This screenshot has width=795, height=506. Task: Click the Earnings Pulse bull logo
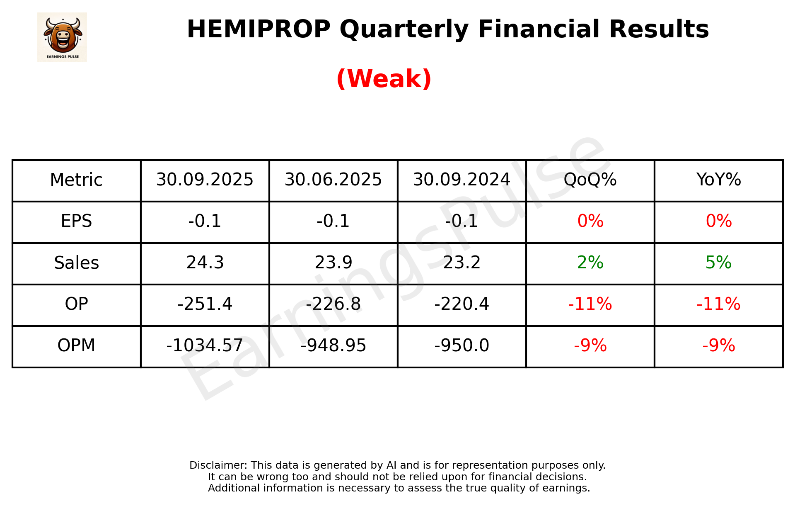tap(62, 37)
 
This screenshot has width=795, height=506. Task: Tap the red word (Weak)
tap(384, 79)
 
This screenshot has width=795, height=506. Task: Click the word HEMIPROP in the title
tap(259, 29)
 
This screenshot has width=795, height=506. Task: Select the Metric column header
tap(76, 180)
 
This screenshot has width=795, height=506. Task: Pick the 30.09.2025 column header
tap(205, 180)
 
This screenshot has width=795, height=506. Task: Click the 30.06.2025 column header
tap(333, 180)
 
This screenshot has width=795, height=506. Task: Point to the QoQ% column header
tap(590, 180)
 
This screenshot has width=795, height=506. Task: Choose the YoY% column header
tap(718, 180)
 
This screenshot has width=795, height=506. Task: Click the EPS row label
tap(76, 221)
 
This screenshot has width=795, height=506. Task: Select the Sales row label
tap(76, 263)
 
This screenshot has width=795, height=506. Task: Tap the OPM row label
tap(76, 345)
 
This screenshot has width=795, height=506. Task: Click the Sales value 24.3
tap(205, 263)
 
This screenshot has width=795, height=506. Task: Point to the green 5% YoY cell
tap(718, 263)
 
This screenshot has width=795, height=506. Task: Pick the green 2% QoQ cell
tap(590, 263)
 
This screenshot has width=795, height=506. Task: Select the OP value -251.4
tap(205, 304)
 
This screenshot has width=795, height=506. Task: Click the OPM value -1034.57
tap(205, 345)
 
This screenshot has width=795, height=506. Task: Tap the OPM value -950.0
tap(462, 345)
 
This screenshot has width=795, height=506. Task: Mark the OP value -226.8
tap(333, 304)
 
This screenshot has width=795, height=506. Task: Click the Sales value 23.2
tap(462, 263)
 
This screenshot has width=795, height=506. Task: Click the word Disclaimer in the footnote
tap(218, 465)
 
